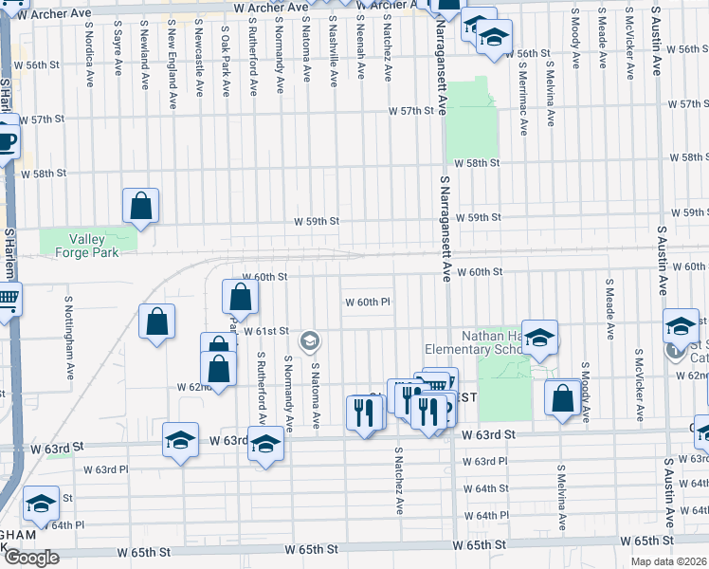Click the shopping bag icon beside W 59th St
click(x=140, y=206)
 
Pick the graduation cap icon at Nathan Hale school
click(x=539, y=338)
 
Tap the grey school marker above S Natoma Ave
click(x=309, y=340)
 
